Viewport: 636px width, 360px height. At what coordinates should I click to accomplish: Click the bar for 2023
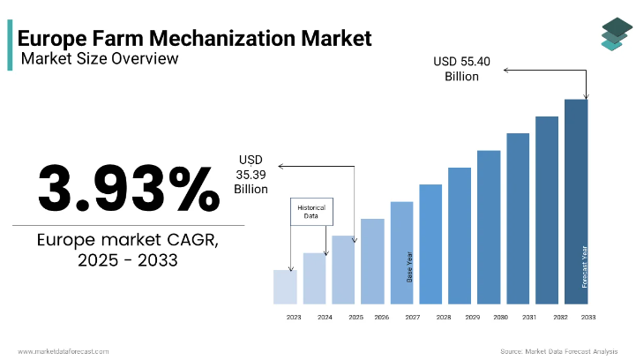coord(285,287)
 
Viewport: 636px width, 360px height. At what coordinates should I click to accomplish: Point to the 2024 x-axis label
coord(325,317)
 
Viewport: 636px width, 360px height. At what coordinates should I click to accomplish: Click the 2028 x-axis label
coord(443,317)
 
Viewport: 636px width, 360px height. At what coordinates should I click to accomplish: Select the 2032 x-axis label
coord(559,317)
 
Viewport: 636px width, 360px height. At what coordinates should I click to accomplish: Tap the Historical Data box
coord(311,212)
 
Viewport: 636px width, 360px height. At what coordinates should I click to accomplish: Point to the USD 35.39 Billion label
coord(251,174)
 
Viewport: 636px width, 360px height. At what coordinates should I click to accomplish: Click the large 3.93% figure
coord(128,188)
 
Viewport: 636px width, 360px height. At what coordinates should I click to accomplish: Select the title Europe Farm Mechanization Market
coord(194,38)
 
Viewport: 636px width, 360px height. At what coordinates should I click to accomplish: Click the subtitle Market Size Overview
coord(99,59)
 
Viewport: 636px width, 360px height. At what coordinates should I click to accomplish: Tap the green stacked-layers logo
coord(611,33)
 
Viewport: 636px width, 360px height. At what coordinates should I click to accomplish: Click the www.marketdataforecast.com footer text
coord(64,350)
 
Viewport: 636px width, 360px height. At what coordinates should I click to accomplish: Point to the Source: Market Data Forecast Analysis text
coord(557,350)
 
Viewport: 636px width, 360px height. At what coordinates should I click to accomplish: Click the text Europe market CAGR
coord(129,241)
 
